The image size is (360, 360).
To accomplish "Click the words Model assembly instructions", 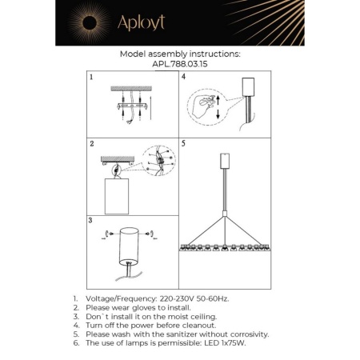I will coord(179,54).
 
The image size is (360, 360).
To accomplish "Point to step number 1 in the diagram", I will coord(93,78).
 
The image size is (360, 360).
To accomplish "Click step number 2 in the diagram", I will coord(93,145).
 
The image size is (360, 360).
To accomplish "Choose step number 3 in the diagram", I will coord(93,219).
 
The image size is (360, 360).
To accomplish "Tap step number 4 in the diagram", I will coord(185,78).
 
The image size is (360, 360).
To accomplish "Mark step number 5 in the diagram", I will coord(185,145).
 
